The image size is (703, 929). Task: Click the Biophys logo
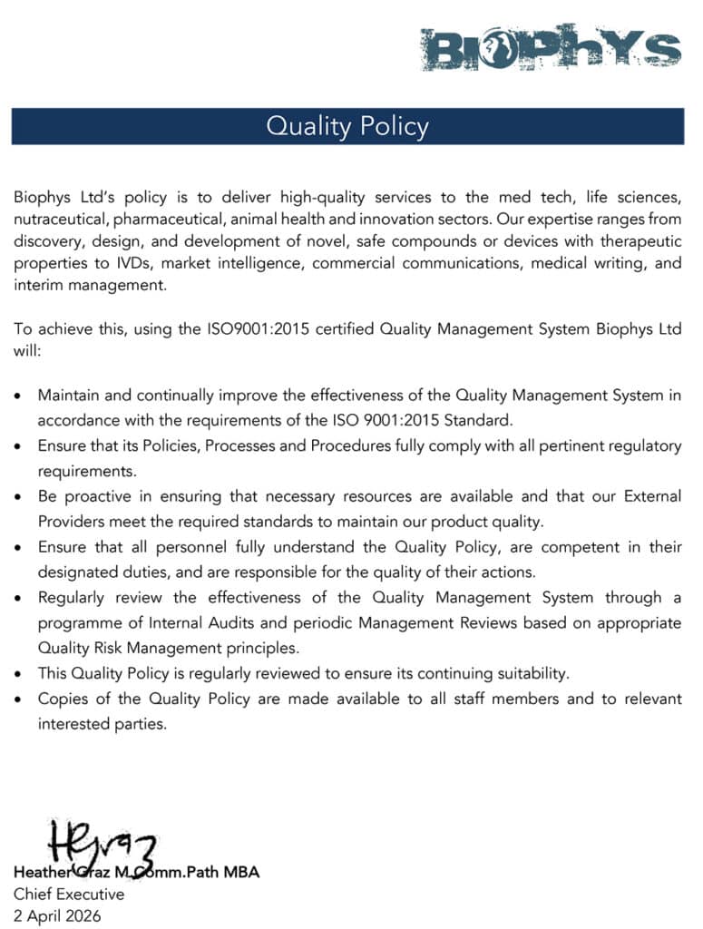point(551,48)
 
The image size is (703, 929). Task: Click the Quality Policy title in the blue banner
point(347,126)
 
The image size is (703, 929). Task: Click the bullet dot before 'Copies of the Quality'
point(20,699)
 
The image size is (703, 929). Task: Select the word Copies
point(62,699)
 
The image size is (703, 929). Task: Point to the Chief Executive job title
point(69,894)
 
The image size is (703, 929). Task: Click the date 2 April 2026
point(57,915)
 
